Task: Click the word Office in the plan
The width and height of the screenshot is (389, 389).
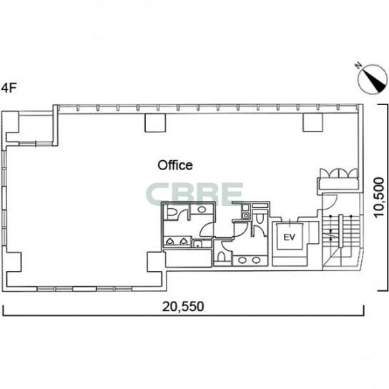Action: (x=175, y=165)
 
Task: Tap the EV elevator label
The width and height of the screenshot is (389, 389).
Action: (x=290, y=237)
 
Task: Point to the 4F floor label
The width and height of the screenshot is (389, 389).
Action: (x=9, y=88)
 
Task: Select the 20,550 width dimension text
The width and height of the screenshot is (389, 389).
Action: (x=183, y=306)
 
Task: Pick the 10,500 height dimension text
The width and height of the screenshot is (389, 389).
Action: (x=379, y=197)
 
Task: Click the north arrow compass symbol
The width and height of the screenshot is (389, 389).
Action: (x=373, y=79)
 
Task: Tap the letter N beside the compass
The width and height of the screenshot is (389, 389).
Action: (x=358, y=66)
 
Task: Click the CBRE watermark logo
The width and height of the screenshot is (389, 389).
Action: (x=194, y=194)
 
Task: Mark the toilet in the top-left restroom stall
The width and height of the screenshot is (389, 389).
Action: (x=172, y=212)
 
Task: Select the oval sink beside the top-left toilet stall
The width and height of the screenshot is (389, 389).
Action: (x=202, y=210)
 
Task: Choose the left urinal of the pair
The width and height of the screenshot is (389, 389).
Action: (x=169, y=242)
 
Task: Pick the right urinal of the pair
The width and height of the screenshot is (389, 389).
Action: (x=183, y=242)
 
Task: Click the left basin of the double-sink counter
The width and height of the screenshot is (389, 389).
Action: (x=242, y=260)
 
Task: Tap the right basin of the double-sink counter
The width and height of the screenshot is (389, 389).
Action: (x=256, y=260)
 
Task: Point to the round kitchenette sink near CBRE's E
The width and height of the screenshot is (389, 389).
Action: (x=245, y=215)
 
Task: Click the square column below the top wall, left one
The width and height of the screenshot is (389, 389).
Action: (x=155, y=122)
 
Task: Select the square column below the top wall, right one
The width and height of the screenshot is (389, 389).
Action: (x=312, y=122)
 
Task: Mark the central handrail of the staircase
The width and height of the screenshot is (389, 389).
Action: (x=341, y=231)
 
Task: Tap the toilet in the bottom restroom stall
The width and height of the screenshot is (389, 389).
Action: (x=221, y=257)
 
